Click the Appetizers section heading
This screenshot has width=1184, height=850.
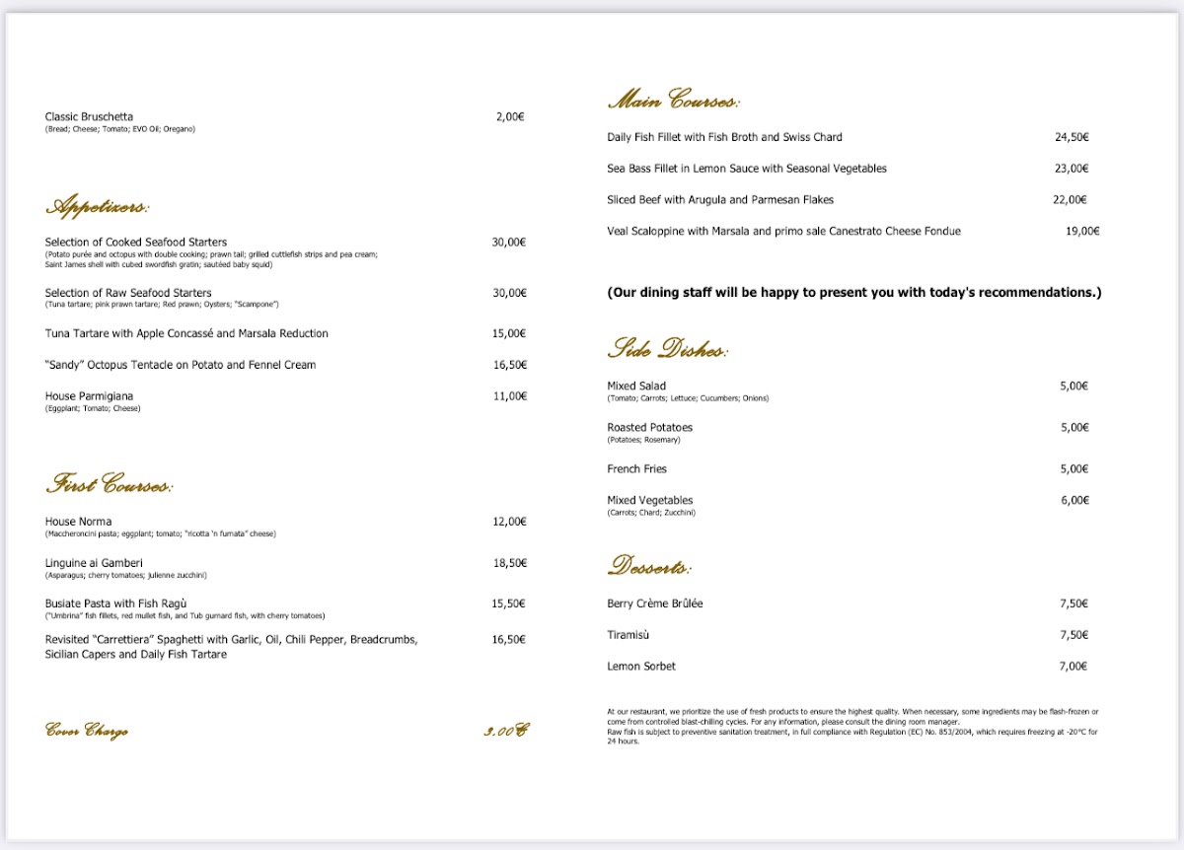(x=97, y=207)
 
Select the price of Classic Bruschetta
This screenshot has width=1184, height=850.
(x=510, y=116)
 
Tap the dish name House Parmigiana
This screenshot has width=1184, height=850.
(x=89, y=396)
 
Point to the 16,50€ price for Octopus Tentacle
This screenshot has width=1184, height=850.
(x=509, y=365)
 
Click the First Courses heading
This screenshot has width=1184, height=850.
(x=109, y=485)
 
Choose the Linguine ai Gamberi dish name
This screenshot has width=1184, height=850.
(x=94, y=563)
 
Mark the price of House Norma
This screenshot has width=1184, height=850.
(x=509, y=522)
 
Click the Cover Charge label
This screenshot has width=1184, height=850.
(x=87, y=732)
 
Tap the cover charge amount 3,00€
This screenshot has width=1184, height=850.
(x=506, y=732)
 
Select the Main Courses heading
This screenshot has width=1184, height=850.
(x=673, y=101)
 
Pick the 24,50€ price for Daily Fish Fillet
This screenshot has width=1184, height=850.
(x=1072, y=137)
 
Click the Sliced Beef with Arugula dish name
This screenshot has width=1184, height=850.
(x=720, y=200)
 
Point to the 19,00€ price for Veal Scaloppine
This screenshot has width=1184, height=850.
(x=1082, y=232)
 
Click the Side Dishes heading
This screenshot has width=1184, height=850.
(x=667, y=348)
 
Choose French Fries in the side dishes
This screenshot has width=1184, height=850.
(x=637, y=469)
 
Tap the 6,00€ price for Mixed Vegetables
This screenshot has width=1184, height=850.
(x=1074, y=501)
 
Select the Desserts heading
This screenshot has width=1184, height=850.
(x=649, y=566)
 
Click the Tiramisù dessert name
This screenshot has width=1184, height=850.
(x=629, y=635)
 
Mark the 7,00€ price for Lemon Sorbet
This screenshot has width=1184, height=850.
(x=1072, y=667)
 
